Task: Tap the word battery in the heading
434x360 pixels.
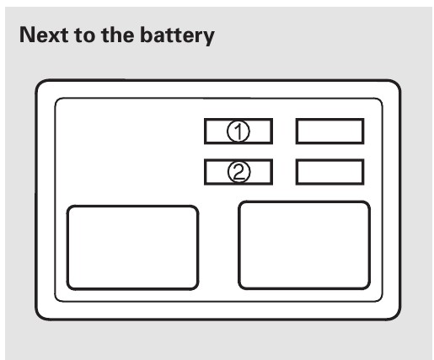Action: tap(177, 35)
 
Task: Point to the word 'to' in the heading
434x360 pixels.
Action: tap(84, 35)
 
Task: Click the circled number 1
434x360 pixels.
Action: tap(238, 132)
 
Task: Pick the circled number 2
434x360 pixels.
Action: tap(238, 172)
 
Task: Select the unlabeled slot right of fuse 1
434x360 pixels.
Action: tap(330, 132)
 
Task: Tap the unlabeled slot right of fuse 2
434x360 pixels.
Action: tap(330, 172)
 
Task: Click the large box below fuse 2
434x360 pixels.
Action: tap(304, 245)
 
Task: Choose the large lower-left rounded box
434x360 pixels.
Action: tap(132, 248)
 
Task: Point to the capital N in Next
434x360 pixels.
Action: tap(28, 35)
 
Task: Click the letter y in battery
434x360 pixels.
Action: tap(208, 38)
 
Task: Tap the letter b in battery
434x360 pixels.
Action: tap(147, 35)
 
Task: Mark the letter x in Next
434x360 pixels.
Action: tap(53, 37)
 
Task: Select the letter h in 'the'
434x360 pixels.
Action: tap(115, 35)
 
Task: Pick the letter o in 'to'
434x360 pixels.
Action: tap(88, 37)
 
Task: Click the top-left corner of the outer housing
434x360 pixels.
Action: tap(35, 80)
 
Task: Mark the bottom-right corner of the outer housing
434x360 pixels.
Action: tap(401, 320)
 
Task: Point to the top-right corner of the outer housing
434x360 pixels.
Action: tap(401, 80)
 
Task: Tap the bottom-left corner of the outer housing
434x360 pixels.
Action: tap(35, 320)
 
